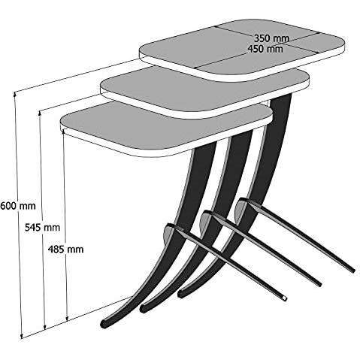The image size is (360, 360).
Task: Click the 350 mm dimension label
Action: (271, 38)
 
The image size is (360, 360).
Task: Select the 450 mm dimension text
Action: (265, 49)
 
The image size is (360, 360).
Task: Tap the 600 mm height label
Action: (17, 206)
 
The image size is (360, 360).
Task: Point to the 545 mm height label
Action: (42, 228)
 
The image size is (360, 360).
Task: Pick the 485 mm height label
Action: (65, 250)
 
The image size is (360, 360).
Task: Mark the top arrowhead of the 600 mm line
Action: (15, 94)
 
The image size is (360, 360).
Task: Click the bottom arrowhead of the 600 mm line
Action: (22, 336)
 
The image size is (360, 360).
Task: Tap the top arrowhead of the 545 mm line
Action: (40, 113)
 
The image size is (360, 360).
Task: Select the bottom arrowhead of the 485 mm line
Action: (67, 318)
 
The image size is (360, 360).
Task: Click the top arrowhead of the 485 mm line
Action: (64, 132)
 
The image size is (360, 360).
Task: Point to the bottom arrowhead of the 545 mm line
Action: (45, 327)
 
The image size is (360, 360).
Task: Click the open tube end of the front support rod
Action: (284, 298)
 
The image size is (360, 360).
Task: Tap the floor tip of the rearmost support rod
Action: (353, 271)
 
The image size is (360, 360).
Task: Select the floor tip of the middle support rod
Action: (319, 284)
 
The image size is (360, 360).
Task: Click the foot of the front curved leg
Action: (104, 324)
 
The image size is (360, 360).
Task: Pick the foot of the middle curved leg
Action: (143, 308)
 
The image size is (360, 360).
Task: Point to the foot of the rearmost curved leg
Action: (181, 293)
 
